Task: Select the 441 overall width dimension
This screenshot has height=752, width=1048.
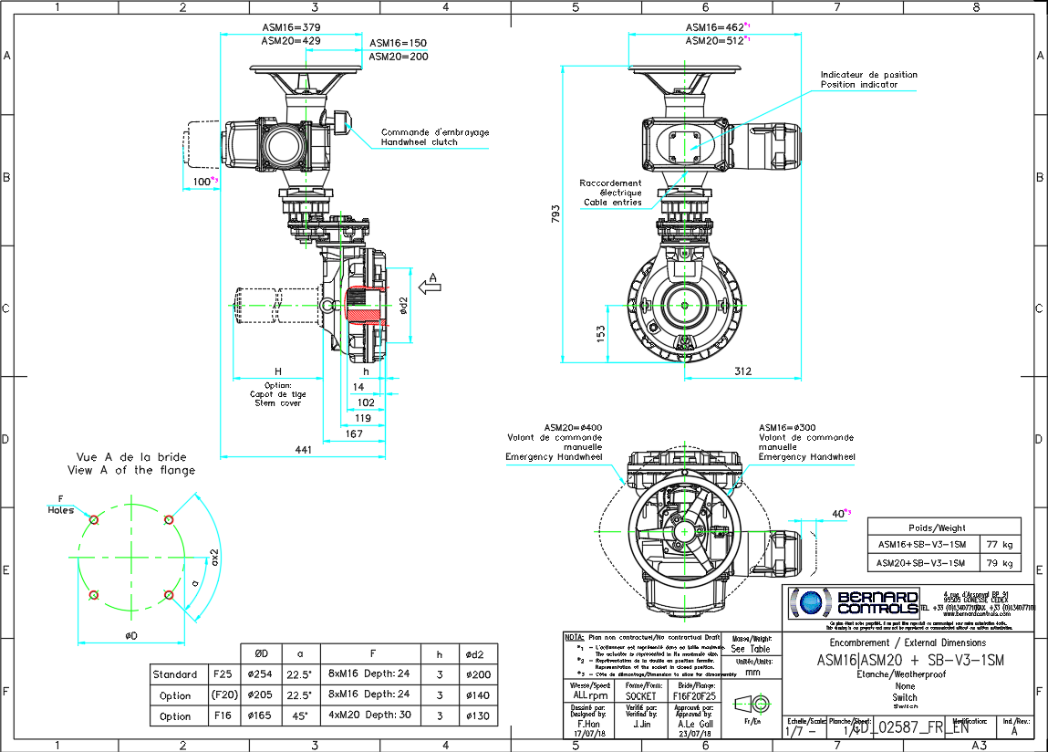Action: pyautogui.click(x=303, y=449)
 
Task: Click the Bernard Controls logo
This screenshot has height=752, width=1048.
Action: pyautogui.click(x=854, y=602)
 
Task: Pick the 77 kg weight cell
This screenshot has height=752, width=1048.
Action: pyautogui.click(x=1001, y=545)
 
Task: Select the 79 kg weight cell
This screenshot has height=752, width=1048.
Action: pyautogui.click(x=1001, y=562)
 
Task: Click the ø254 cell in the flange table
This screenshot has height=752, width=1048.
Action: pyautogui.click(x=259, y=674)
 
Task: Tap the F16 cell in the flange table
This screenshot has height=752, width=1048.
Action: pyautogui.click(x=222, y=716)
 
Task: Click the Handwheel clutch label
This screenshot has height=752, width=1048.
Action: pyautogui.click(x=434, y=143)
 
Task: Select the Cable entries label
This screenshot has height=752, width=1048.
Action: pyautogui.click(x=612, y=202)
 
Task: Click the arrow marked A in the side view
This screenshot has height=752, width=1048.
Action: pyautogui.click(x=434, y=284)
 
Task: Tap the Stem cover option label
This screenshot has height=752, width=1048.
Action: pyautogui.click(x=276, y=402)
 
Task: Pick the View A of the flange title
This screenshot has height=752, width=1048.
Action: pyautogui.click(x=130, y=470)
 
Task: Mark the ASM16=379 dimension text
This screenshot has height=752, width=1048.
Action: pyautogui.click(x=290, y=27)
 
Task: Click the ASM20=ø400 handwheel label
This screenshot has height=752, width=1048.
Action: pyautogui.click(x=573, y=427)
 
